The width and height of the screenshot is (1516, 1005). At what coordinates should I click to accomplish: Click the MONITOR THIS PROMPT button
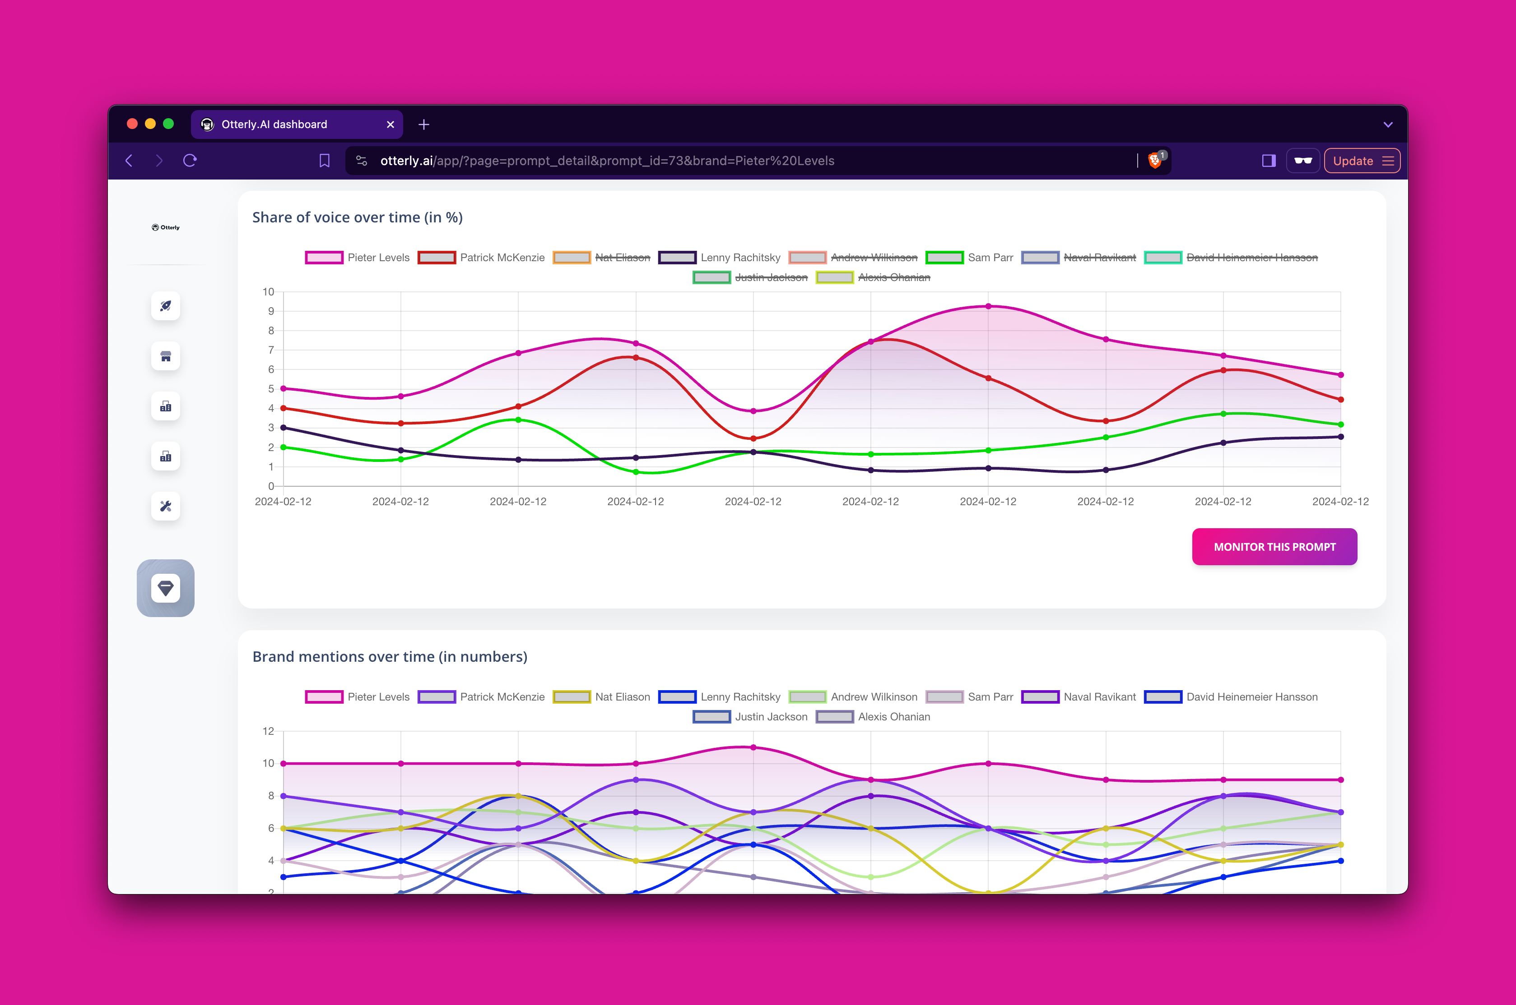pos(1274,547)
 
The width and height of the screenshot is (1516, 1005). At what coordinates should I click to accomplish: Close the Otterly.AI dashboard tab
pos(391,124)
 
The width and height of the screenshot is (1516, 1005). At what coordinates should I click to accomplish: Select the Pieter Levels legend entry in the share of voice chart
pos(358,258)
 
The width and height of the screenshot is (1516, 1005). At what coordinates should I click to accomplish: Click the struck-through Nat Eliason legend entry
pos(602,258)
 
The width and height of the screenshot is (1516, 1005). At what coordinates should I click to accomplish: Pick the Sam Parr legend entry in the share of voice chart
pos(970,258)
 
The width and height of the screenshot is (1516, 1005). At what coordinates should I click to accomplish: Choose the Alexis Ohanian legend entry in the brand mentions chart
pos(874,717)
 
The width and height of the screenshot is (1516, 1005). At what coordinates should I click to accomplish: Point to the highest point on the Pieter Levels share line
pos(988,306)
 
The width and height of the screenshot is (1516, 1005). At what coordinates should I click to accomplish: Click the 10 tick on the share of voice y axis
pos(268,292)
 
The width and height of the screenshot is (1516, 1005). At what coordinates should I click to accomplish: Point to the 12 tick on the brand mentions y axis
pos(268,731)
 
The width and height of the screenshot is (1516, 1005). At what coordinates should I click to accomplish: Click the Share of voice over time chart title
pos(357,217)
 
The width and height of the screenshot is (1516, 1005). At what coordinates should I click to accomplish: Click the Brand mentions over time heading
pos(389,656)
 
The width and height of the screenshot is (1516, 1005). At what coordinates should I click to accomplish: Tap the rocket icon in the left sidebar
pos(165,306)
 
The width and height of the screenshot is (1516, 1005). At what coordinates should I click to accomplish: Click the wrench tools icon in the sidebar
pos(165,507)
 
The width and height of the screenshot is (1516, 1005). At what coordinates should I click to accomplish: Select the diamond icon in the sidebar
pos(165,588)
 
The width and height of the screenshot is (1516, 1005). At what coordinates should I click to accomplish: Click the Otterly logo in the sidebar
pos(165,227)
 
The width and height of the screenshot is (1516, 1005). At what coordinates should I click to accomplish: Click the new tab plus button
pos(424,124)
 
